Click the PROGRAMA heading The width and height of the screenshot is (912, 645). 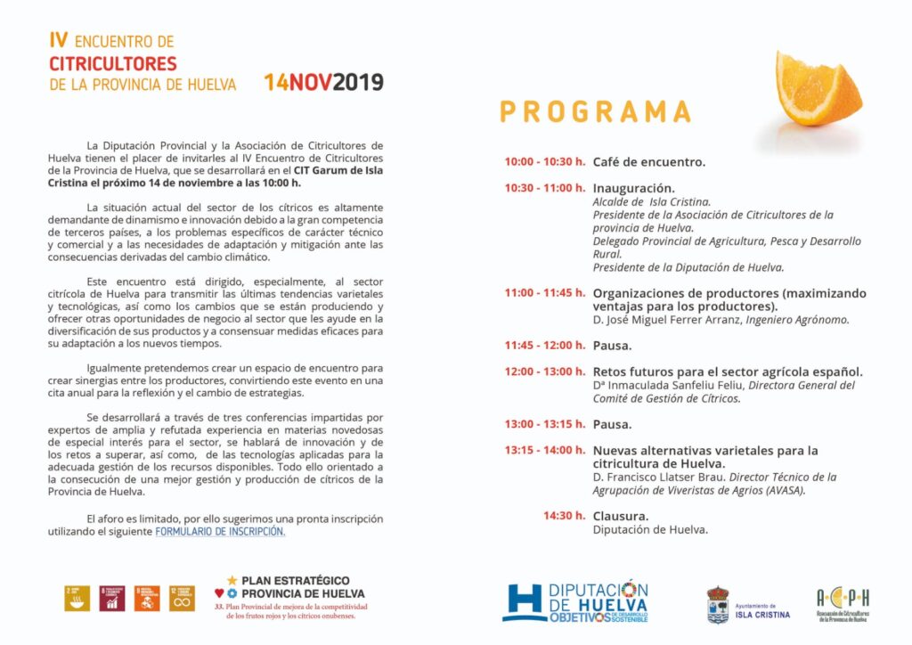pyautogui.click(x=595, y=111)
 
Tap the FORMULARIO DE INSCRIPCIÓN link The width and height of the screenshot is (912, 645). pyautogui.click(x=221, y=531)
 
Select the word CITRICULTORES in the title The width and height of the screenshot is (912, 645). pyautogui.click(x=113, y=64)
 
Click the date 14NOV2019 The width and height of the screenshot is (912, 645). pyautogui.click(x=323, y=83)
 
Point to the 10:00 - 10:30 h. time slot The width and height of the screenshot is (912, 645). pyautogui.click(x=544, y=162)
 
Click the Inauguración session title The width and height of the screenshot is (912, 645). pyautogui.click(x=633, y=188)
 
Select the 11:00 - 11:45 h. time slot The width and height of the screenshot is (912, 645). pyautogui.click(x=544, y=293)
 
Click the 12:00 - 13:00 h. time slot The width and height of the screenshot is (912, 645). pyautogui.click(x=544, y=371)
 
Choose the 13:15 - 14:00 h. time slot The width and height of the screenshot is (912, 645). pyautogui.click(x=544, y=450)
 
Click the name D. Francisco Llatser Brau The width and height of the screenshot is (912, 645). pyautogui.click(x=660, y=477)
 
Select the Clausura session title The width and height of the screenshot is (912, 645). pyautogui.click(x=620, y=516)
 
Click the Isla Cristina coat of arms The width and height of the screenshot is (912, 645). pyautogui.click(x=718, y=604)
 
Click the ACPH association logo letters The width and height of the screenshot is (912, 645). pyautogui.click(x=843, y=597)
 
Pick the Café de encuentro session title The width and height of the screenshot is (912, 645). pyautogui.click(x=648, y=162)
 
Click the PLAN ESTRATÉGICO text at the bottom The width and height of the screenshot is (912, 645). pyautogui.click(x=295, y=580)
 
